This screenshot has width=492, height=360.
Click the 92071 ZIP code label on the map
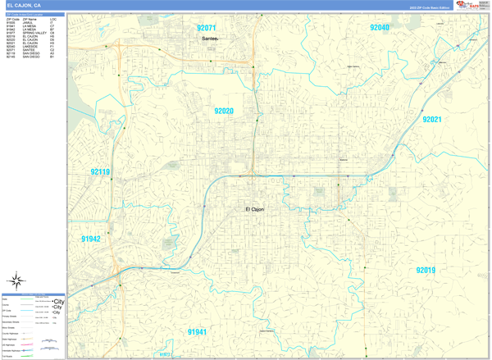point(207,27)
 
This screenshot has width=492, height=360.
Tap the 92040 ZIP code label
point(380,27)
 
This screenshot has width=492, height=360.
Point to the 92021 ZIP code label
point(431,120)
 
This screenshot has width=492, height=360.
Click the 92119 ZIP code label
point(100,172)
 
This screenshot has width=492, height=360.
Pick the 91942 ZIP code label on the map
point(90,239)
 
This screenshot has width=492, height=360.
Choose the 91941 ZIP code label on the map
point(197,332)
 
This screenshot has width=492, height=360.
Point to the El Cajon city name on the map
point(255,210)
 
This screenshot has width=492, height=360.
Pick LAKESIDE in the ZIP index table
point(30,47)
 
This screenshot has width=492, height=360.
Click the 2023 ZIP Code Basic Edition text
point(430,7)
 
